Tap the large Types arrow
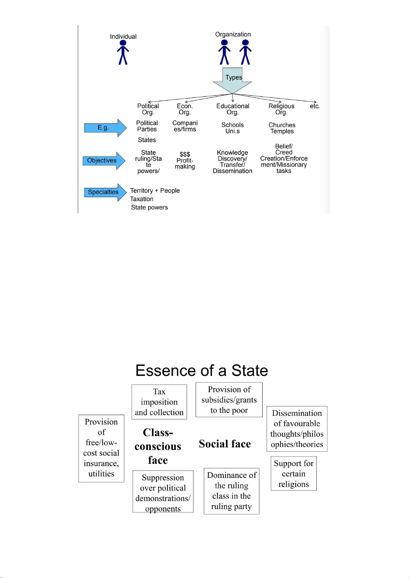[x=232, y=81]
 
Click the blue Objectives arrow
[x=104, y=161]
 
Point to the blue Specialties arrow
[x=105, y=192]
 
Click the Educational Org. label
[x=232, y=109]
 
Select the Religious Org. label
[x=281, y=109]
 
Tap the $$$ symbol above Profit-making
[x=185, y=154]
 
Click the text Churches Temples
[x=282, y=128]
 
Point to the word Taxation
[x=142, y=199]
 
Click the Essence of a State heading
[x=202, y=370]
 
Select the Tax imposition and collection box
[x=159, y=402]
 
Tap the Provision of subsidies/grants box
[x=229, y=400]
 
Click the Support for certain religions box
[x=293, y=473]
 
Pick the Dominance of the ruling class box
[x=231, y=491]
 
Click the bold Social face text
[x=225, y=444]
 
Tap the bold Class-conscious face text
[x=158, y=446]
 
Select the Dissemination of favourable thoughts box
[x=297, y=429]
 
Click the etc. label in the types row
[x=315, y=106]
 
